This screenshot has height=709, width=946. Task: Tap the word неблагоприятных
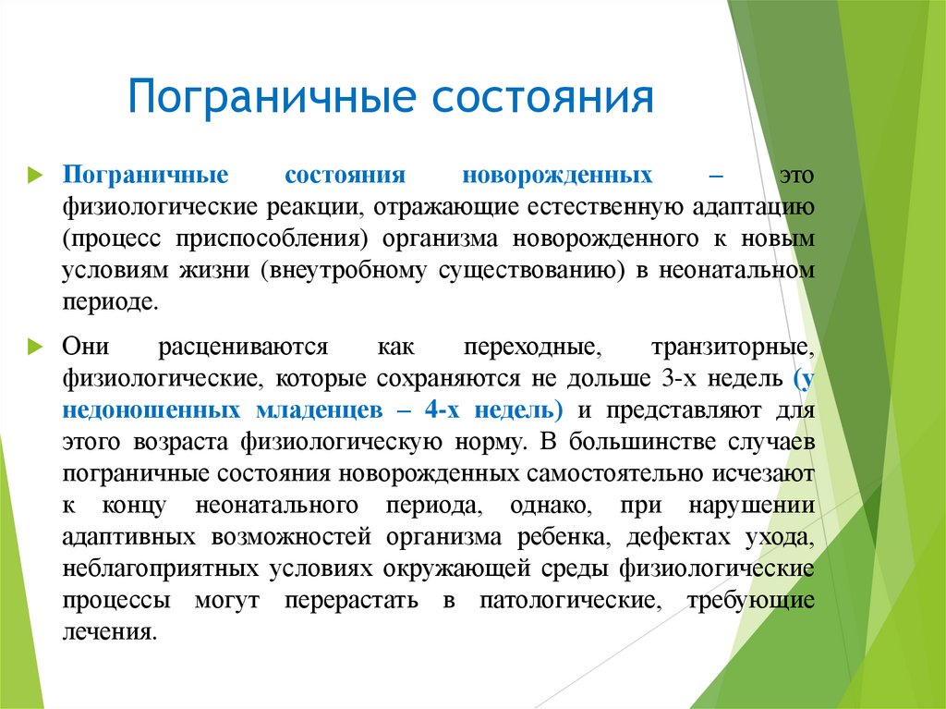[x=164, y=569]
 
